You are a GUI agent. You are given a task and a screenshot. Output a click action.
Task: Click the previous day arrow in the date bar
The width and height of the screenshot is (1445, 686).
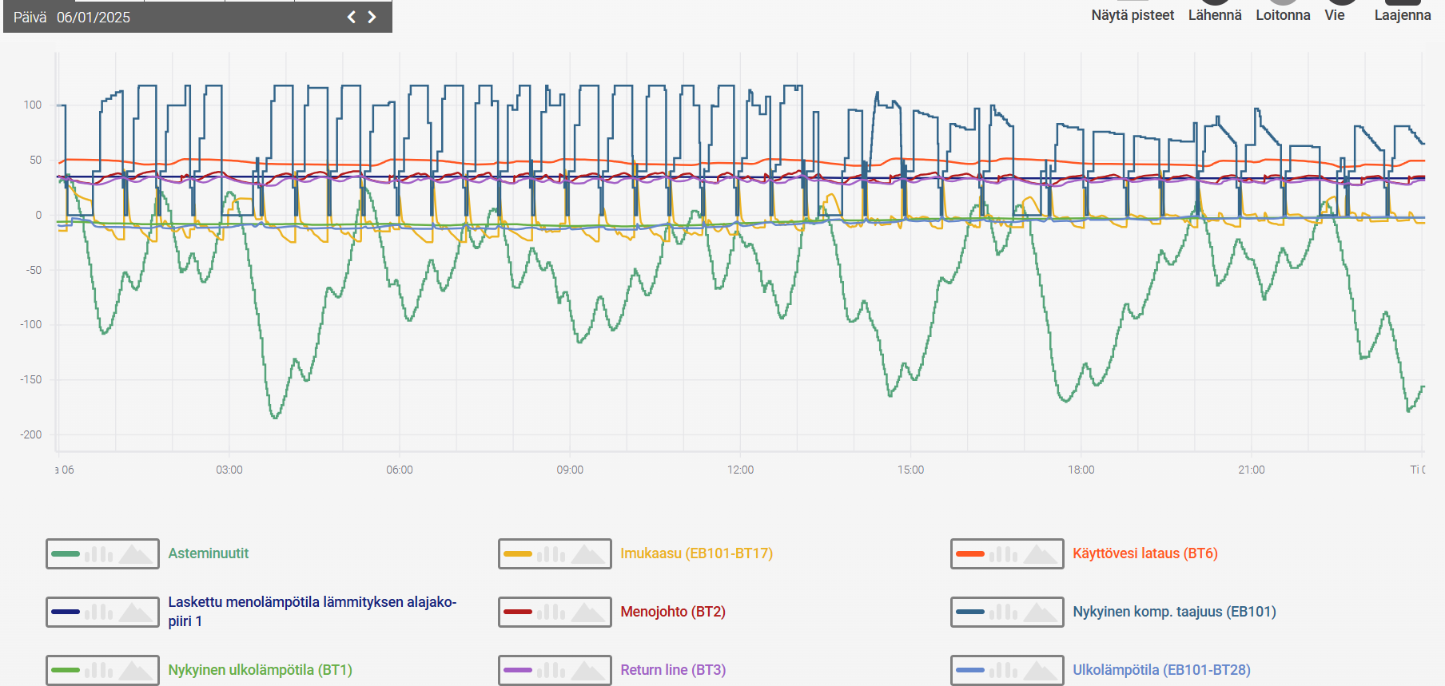tap(351, 17)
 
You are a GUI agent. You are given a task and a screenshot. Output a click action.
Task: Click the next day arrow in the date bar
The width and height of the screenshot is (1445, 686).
tap(372, 17)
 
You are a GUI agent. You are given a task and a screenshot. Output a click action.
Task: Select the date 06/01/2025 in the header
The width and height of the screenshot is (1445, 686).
tap(94, 18)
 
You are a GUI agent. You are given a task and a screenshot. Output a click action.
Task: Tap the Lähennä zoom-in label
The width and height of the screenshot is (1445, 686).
tap(1215, 15)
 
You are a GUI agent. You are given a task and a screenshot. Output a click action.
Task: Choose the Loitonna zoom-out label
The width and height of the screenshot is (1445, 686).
tap(1283, 15)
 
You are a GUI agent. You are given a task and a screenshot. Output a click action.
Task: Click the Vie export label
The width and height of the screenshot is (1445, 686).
tap(1335, 15)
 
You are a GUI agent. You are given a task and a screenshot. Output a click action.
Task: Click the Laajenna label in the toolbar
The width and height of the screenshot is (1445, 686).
tap(1403, 15)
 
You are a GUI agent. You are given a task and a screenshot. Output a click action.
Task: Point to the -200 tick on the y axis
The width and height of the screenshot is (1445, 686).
tap(31, 434)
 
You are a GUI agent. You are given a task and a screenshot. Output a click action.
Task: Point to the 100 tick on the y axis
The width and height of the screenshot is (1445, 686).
tap(33, 105)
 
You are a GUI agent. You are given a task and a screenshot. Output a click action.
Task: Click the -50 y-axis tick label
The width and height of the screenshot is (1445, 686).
tap(34, 270)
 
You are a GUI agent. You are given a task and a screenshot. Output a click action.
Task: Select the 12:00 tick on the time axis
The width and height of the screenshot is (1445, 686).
tap(740, 470)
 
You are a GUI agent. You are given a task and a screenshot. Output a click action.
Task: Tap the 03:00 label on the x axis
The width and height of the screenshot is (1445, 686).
tap(229, 470)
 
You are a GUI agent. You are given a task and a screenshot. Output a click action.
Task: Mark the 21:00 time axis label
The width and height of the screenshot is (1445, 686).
tap(1252, 470)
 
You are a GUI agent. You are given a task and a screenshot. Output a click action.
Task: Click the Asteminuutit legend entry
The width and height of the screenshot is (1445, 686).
tap(209, 553)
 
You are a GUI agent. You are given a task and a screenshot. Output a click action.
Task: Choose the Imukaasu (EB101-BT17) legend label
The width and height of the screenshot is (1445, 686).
tap(697, 553)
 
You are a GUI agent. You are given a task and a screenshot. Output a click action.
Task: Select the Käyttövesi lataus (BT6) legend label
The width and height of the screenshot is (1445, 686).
tap(1145, 553)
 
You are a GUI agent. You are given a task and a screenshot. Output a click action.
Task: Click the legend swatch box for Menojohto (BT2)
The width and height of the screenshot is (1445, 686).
tap(555, 612)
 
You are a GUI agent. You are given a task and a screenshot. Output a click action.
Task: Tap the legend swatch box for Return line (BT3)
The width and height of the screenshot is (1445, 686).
tap(555, 670)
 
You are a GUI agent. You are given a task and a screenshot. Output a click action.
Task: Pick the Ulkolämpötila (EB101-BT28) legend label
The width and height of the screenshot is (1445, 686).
tap(1161, 670)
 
